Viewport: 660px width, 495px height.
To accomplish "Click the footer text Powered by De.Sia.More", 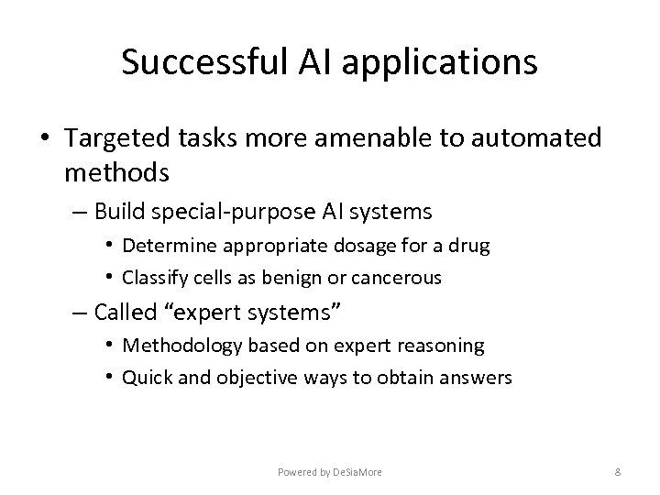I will coord(329,471).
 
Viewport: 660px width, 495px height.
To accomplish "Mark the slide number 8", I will coord(619,471).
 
